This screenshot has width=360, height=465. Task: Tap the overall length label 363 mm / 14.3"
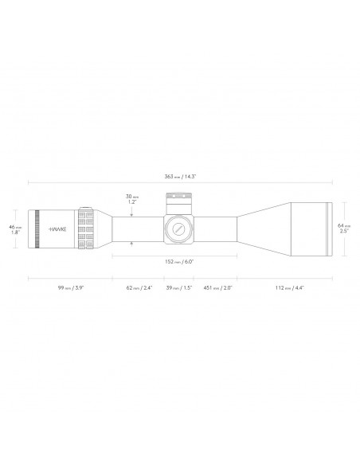click(x=179, y=177)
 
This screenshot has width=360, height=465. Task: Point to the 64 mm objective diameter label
click(x=343, y=225)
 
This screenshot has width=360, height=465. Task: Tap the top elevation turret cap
click(x=178, y=199)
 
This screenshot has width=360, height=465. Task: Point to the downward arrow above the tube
click(x=131, y=211)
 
